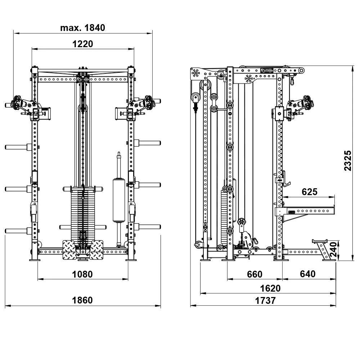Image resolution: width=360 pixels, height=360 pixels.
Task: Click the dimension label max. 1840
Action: pos(83,28)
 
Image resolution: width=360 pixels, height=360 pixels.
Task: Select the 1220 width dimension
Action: pos(83,44)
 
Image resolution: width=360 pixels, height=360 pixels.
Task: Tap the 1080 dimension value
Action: pos(82,274)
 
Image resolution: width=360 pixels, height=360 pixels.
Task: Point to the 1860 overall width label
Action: pos(82,300)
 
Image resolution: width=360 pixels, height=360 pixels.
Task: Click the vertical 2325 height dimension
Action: pos(348,161)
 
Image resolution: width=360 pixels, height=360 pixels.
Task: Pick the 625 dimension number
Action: pos(310,192)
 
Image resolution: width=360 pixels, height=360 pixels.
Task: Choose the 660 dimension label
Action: pos(255,274)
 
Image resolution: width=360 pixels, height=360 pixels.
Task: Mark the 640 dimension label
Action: pos(308,274)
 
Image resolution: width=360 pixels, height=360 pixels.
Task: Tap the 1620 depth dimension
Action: pos(270,288)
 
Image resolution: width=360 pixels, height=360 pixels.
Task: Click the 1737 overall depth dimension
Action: pos(265,301)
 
